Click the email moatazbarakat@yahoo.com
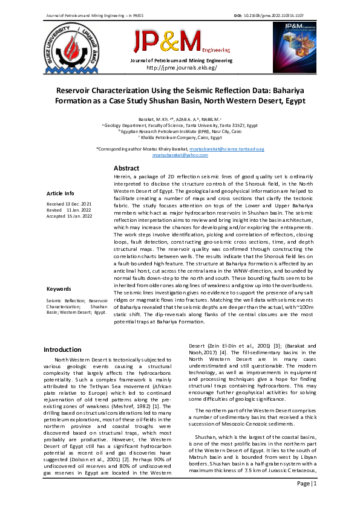[180, 155]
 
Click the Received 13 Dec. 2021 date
[69, 204]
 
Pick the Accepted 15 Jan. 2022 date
[69, 216]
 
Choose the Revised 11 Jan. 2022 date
[69, 210]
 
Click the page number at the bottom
[310, 484]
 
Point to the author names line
[180, 120]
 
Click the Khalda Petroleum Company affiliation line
[180, 137]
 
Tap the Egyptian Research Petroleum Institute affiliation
[180, 131]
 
